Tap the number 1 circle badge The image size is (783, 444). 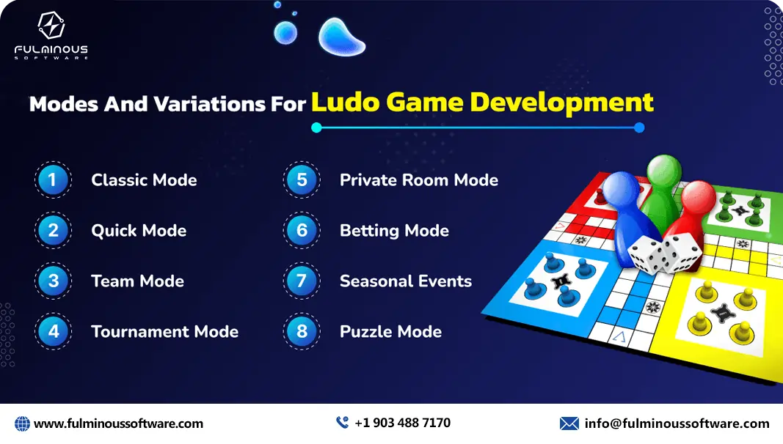pos(53,180)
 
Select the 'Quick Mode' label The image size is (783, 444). pos(139,231)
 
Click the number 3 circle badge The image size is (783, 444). pos(53,281)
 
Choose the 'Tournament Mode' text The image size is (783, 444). pos(164,332)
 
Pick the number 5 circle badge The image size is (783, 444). pos(302,180)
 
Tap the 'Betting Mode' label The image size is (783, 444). pos(394,231)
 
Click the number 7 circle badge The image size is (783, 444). pos(302,281)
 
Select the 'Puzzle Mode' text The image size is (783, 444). pos(390,332)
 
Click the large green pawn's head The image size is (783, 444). pos(663,170)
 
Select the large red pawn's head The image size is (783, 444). pos(698,196)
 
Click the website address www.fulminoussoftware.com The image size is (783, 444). pos(118,423)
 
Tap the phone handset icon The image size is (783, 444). pos(342,423)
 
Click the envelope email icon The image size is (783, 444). pos(569,423)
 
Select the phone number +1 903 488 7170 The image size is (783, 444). pos(402,423)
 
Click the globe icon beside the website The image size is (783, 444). pos(22,423)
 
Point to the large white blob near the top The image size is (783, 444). pos(342,35)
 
